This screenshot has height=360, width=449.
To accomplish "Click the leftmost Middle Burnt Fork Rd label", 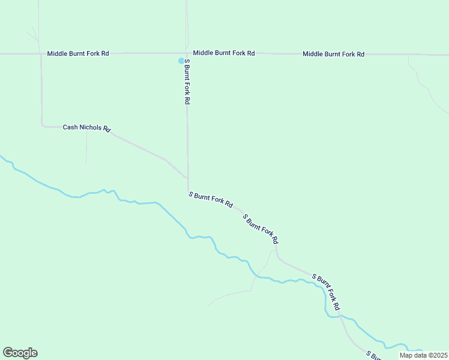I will click(78, 54).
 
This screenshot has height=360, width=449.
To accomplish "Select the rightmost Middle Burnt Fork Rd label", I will click(333, 54).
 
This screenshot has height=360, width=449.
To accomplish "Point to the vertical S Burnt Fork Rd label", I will click(187, 82).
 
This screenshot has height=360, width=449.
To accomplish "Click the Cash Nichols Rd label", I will click(87, 128).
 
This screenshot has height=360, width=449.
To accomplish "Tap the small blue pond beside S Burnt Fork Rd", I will click(181, 61).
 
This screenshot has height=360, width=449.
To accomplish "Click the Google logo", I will click(20, 353).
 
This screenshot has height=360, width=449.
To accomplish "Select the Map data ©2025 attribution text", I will click(423, 355).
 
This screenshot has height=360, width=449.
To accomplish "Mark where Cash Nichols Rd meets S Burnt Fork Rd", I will click(188, 178).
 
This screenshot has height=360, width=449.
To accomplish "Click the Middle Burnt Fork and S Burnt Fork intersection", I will click(187, 53).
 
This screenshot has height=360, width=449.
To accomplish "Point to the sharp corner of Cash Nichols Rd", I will click(43, 126).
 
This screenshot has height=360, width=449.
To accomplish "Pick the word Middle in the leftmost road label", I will click(58, 54).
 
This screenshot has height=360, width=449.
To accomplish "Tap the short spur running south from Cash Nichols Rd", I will click(86, 147).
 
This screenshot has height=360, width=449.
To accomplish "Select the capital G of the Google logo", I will click(8, 353).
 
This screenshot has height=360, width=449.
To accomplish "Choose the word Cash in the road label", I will click(70, 127).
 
